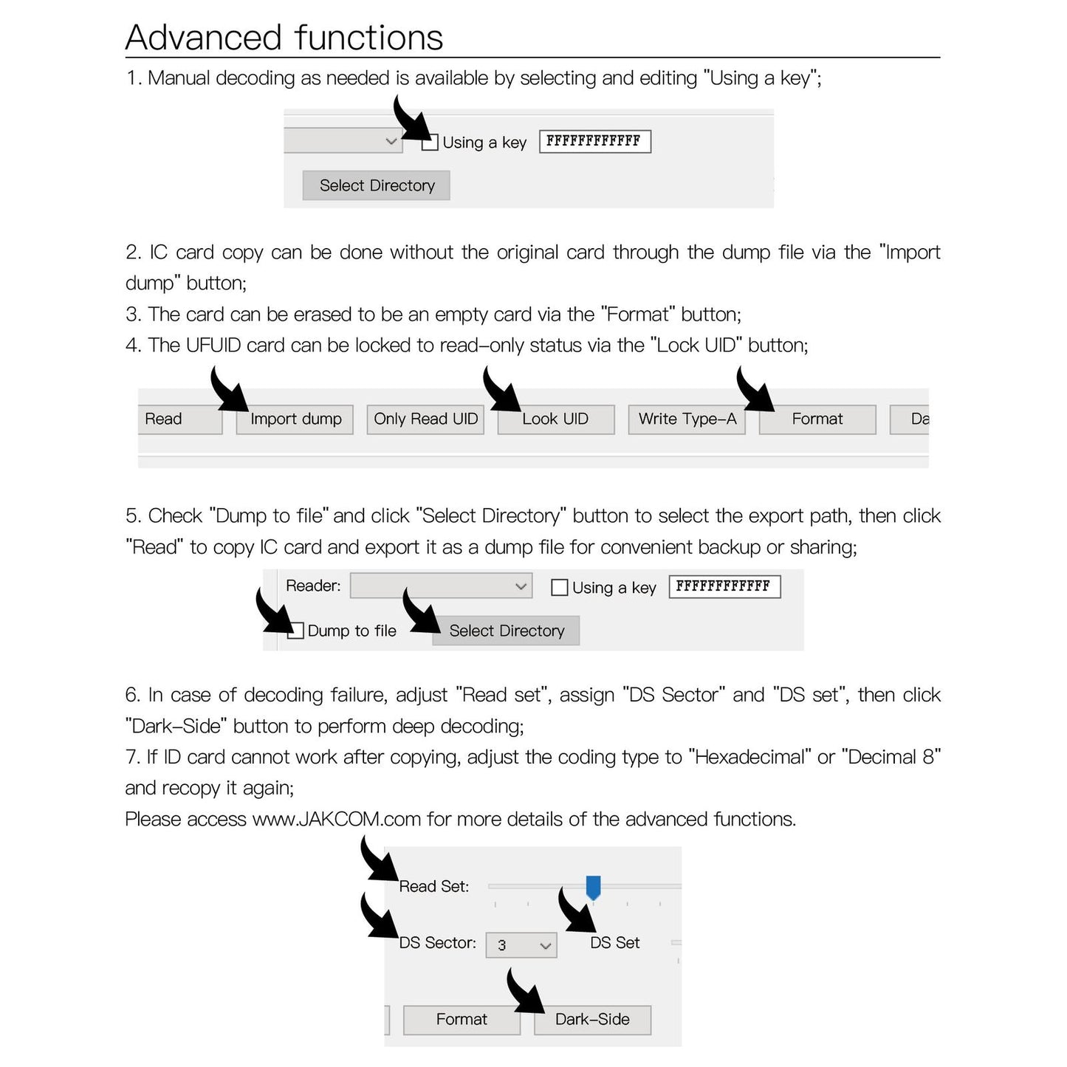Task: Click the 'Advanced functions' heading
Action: (x=284, y=38)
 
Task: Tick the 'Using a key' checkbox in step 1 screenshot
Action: (x=430, y=143)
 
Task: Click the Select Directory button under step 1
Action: (x=377, y=185)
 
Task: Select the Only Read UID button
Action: (x=425, y=419)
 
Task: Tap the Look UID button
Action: (x=555, y=419)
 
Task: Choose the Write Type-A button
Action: (x=687, y=419)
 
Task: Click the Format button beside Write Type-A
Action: (x=817, y=419)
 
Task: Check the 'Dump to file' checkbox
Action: (x=296, y=631)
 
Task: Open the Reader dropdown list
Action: (x=441, y=586)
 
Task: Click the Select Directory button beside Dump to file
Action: (x=506, y=631)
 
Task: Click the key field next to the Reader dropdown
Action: (x=724, y=586)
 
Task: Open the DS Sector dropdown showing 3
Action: (x=521, y=945)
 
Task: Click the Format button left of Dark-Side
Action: (x=462, y=1020)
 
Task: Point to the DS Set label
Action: (x=614, y=943)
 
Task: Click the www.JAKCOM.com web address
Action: (x=337, y=820)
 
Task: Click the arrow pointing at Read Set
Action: (x=379, y=860)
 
